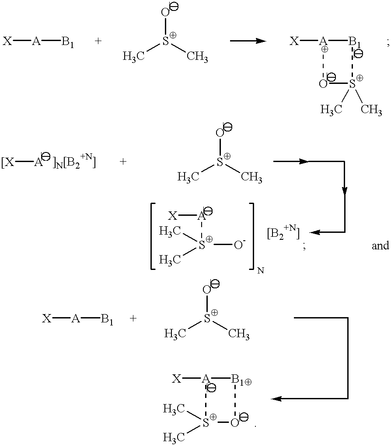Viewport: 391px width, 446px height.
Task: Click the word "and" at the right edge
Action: [380, 246]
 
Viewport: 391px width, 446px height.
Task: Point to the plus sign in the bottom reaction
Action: [133, 318]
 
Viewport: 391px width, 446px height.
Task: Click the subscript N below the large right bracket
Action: [261, 270]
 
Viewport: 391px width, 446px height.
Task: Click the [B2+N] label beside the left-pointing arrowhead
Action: [283, 234]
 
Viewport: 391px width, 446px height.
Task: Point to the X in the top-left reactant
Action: [7, 41]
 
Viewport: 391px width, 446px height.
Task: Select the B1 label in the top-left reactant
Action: [67, 42]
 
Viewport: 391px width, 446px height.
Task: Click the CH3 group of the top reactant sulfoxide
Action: [197, 57]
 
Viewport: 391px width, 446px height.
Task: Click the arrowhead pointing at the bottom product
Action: [277, 398]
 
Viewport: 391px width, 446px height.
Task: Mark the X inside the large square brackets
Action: [173, 216]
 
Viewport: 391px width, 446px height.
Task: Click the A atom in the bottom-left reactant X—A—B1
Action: [76, 318]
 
